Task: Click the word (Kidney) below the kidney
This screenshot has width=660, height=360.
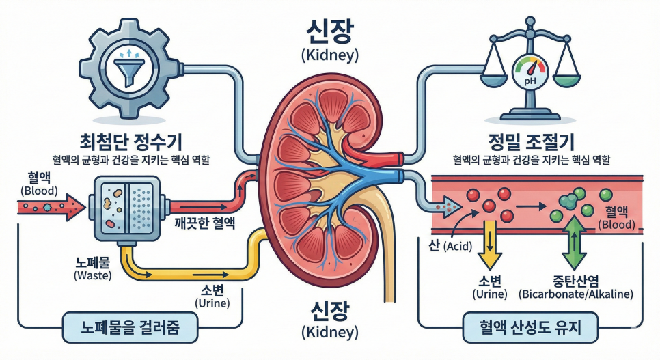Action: (329, 332)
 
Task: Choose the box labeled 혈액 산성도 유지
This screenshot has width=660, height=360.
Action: (530, 328)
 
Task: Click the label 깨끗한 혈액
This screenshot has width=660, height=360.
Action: (203, 222)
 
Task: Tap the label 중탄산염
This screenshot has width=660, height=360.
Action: (575, 281)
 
